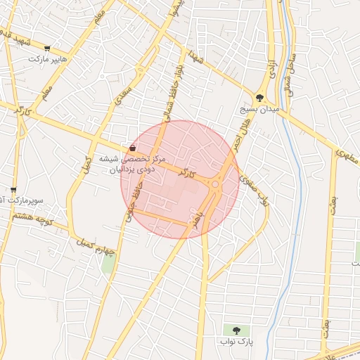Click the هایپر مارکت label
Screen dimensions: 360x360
[48, 60]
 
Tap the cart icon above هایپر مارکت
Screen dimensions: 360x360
[47, 49]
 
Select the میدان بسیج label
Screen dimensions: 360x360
[259, 110]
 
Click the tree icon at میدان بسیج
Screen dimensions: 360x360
[259, 98]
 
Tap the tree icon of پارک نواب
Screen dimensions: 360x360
[235, 330]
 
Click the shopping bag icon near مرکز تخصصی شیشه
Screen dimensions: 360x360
[133, 148]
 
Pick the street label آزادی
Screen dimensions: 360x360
[270, 68]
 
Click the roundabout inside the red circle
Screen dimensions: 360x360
[214, 185]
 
